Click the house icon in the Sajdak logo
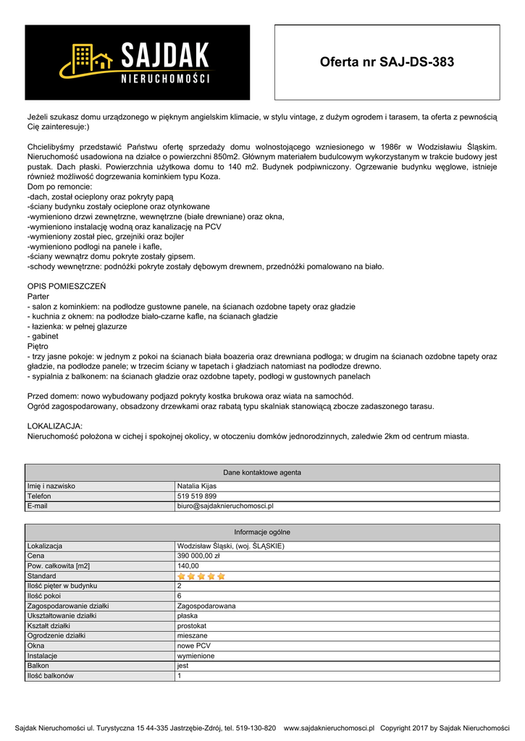[87, 58]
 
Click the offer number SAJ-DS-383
[387, 62]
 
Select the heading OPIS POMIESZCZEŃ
[67, 287]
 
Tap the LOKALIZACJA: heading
[55, 426]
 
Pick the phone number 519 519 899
[197, 496]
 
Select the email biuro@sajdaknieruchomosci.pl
[225, 507]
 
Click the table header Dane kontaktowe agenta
[262, 473]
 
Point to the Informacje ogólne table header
[262, 532]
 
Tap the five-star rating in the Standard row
[201, 576]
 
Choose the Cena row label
[36, 556]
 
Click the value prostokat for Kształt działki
[192, 625]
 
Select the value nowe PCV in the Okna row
[194, 645]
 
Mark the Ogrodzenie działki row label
[56, 635]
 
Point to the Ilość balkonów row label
[51, 676]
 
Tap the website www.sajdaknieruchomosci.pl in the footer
[329, 728]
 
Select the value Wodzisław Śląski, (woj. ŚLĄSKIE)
[230, 546]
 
